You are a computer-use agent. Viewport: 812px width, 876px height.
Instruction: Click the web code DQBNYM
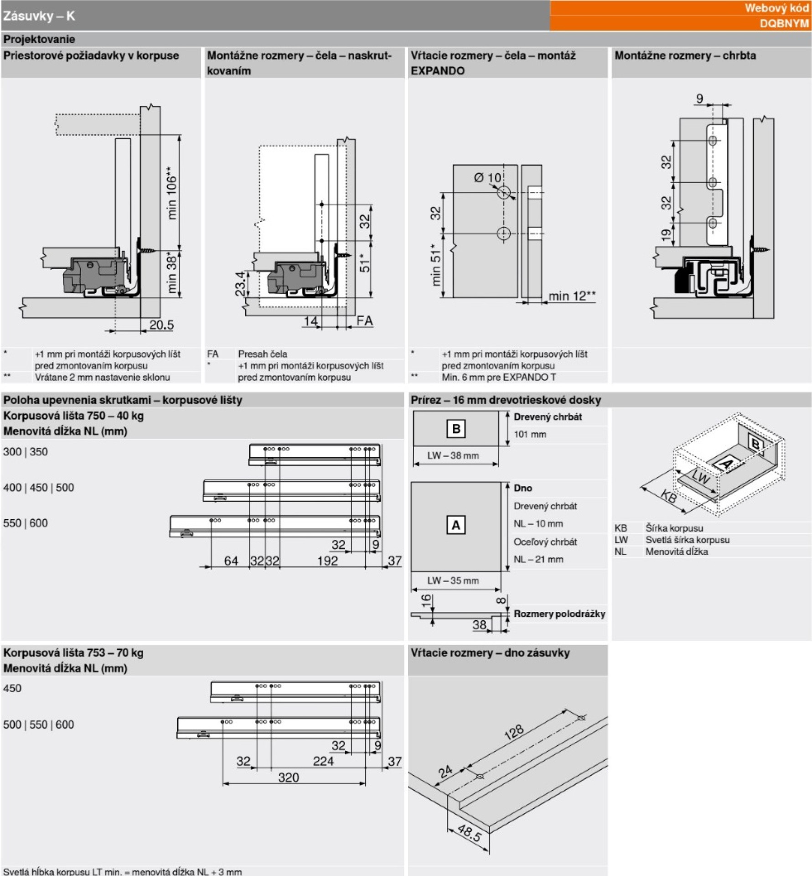[x=784, y=23]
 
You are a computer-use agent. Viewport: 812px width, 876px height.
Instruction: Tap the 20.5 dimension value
[x=161, y=325]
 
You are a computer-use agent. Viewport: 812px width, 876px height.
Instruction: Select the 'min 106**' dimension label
[x=171, y=193]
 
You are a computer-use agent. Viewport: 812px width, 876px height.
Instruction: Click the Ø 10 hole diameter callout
[x=487, y=177]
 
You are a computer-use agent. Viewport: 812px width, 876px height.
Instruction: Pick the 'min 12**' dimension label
[x=572, y=296]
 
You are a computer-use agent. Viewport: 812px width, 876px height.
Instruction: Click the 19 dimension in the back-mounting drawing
[x=666, y=235]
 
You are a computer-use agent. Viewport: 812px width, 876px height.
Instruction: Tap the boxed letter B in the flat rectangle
[x=456, y=429]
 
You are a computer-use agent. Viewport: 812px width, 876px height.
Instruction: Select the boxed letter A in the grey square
[x=455, y=525]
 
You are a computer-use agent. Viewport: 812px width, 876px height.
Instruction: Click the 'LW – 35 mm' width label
[x=453, y=580]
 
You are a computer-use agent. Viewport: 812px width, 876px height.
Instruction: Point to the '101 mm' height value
[x=530, y=434]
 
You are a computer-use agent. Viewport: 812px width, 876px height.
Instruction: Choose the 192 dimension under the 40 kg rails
[x=327, y=561]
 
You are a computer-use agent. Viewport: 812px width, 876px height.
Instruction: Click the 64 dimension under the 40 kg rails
[x=231, y=561]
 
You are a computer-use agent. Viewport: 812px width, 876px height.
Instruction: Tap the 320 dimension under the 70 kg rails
[x=289, y=777]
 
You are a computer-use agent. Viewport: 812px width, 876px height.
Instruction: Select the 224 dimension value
[x=323, y=761]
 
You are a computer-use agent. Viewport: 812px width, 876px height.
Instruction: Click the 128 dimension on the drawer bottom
[x=514, y=732]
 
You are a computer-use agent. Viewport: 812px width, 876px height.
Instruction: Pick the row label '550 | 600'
[x=26, y=523]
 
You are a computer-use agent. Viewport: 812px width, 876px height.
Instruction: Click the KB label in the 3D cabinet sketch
[x=668, y=496]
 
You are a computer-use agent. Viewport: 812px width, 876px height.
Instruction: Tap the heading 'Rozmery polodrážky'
[x=559, y=614]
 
